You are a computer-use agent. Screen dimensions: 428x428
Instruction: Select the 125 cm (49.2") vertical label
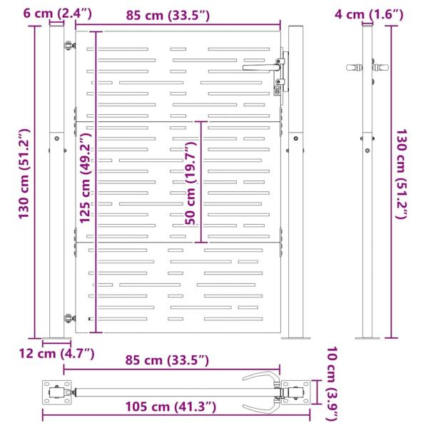[x=85, y=178]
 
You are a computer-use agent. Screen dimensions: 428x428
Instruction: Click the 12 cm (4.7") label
[x=57, y=352]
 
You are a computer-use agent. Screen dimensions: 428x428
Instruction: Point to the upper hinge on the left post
[x=68, y=48]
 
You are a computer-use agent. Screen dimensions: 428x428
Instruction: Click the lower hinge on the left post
[x=68, y=319]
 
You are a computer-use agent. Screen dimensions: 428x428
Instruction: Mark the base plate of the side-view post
[x=369, y=338]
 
